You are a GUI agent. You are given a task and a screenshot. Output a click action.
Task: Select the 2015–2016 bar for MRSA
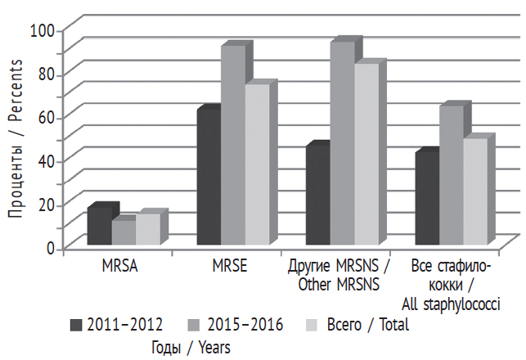pyautogui.click(x=124, y=232)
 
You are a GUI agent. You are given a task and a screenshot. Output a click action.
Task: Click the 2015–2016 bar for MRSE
pyautogui.click(x=233, y=145)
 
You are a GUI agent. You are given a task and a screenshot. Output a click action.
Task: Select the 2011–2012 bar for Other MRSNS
pyautogui.click(x=317, y=196)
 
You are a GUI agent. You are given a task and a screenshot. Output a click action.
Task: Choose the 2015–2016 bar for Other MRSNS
pyautogui.click(x=342, y=143)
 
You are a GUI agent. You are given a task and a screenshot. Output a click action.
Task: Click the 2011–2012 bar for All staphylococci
pyautogui.click(x=426, y=198)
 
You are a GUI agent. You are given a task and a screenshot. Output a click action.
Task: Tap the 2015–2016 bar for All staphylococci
pyautogui.click(x=451, y=175)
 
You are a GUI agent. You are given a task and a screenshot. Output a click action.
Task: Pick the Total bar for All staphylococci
pyautogui.click(x=474, y=191)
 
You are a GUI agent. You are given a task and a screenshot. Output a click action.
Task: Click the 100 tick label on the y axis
pyautogui.click(x=42, y=30)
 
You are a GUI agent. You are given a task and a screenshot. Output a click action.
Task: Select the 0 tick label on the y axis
pyautogui.click(x=50, y=247)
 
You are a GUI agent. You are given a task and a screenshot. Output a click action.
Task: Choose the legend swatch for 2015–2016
pyautogui.click(x=196, y=325)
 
